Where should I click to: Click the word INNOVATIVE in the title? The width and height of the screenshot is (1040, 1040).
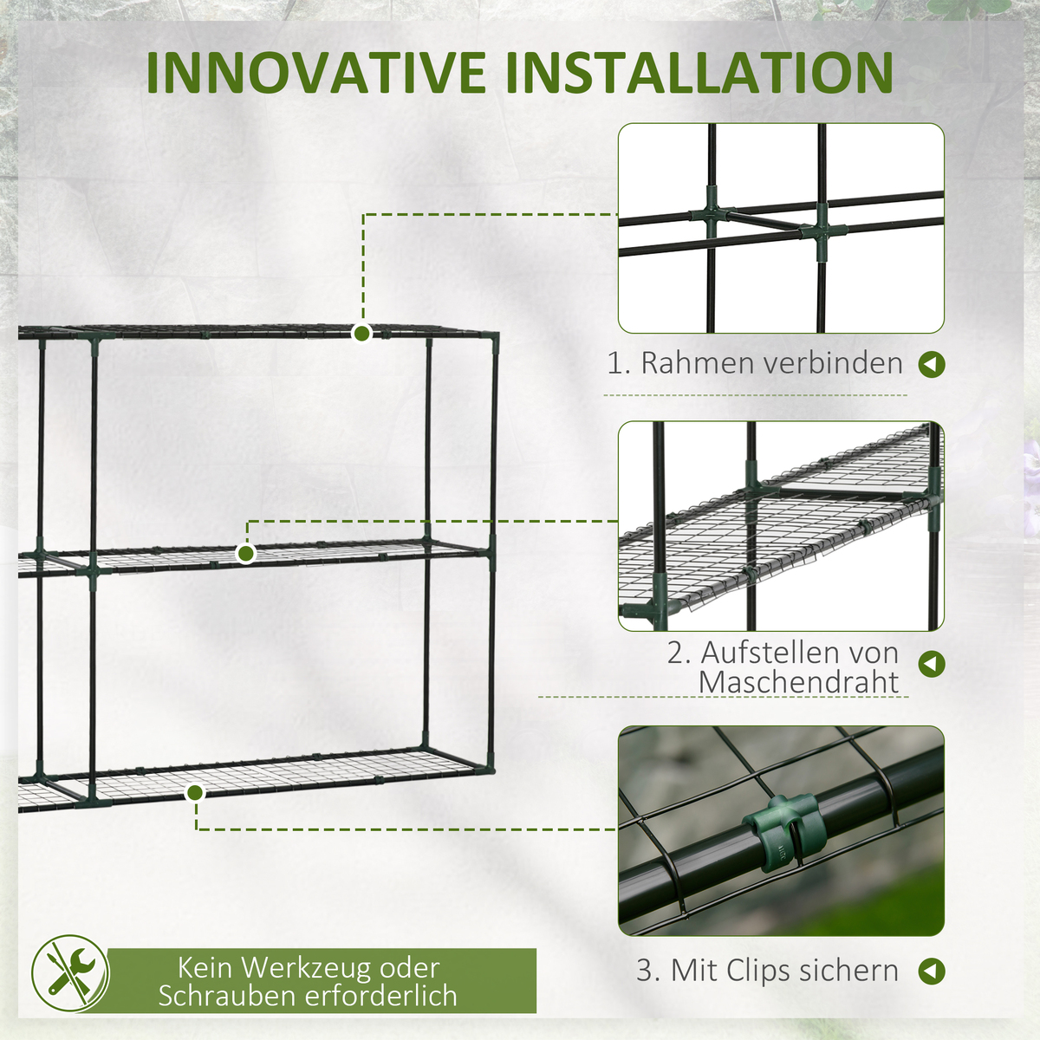[x=315, y=73]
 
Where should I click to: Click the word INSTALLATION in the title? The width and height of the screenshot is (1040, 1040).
[x=699, y=73]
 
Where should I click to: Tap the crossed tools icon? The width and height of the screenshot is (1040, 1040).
[x=70, y=973]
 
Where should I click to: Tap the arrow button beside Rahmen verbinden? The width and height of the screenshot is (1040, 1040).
[x=932, y=365]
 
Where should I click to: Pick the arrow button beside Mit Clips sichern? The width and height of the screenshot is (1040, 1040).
[x=932, y=972]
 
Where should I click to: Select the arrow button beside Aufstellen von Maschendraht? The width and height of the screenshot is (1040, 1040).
[x=932, y=664]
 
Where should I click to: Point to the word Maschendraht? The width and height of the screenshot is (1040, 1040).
[x=799, y=682]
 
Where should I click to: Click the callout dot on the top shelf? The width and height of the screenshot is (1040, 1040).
[x=361, y=334]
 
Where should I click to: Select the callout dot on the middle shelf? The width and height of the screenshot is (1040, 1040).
[x=246, y=553]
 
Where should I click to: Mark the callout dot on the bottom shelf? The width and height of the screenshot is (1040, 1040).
[x=194, y=793]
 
